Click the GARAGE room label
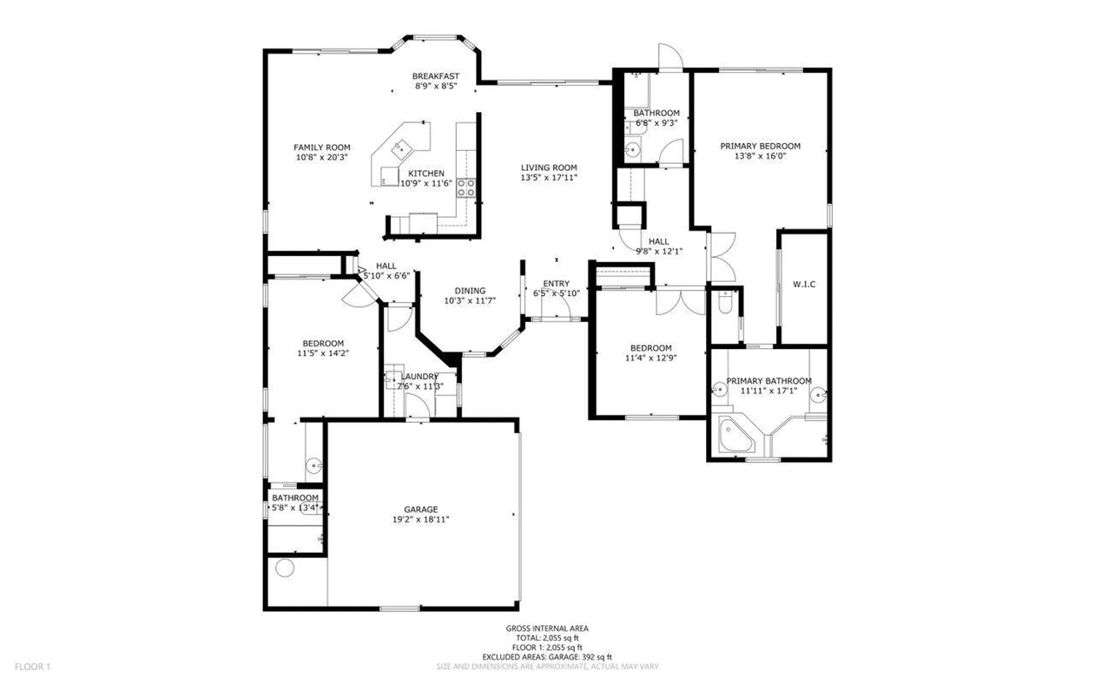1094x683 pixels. tap(421, 509)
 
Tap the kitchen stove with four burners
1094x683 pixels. tap(466, 188)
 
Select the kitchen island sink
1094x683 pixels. tap(400, 147)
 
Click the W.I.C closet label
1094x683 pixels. tap(804, 284)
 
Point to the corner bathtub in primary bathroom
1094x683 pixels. tap(734, 435)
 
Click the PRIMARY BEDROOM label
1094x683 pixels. tap(760, 146)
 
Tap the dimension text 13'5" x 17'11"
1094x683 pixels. tap(549, 177)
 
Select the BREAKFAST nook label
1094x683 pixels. tap(435, 76)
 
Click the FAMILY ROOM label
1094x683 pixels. tap(322, 147)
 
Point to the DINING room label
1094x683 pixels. tap(470, 291)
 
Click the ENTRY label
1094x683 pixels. tap(556, 283)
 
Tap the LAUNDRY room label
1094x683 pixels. tap(420, 377)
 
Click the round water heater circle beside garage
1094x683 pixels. tap(285, 568)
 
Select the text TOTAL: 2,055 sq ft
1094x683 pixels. tap(547, 638)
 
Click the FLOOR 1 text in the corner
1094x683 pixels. tap(32, 667)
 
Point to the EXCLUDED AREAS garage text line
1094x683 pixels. tap(547, 657)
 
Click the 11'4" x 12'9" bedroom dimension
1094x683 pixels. tap(651, 358)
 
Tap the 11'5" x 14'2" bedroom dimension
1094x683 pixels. tap(323, 353)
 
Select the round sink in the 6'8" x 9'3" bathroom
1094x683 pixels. tap(633, 149)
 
